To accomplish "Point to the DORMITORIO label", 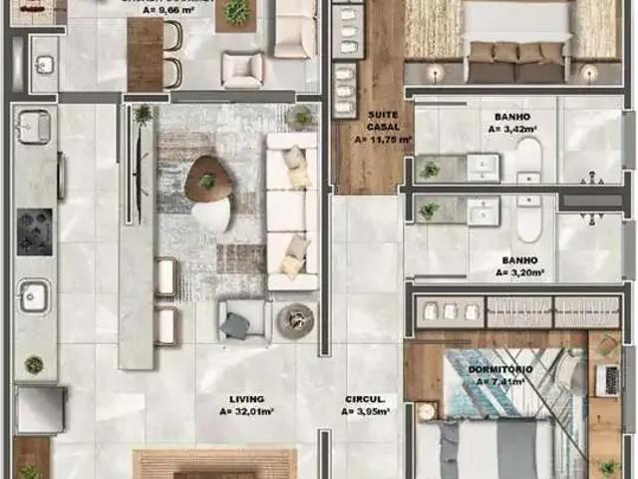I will [x=498, y=370].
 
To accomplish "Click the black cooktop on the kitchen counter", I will [x=34, y=232].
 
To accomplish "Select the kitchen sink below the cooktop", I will [x=33, y=295].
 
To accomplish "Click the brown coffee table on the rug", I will [x=207, y=180].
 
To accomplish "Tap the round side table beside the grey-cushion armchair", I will [x=295, y=319].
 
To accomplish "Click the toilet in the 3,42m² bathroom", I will [x=528, y=160].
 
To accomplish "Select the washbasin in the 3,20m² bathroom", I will [x=483, y=210].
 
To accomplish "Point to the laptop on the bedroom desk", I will [x=605, y=379].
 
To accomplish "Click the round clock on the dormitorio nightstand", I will [x=427, y=411].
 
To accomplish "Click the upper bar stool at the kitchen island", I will [x=166, y=276].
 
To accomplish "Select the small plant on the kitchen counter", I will [x=34, y=365].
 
